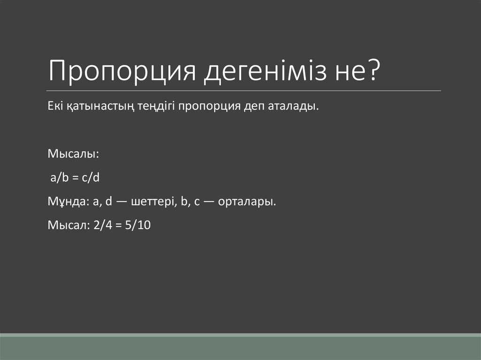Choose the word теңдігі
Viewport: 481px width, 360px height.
pyautogui.click(x=156, y=107)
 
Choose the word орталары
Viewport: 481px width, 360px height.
pyautogui.click(x=251, y=202)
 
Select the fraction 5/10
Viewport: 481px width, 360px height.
pyautogui.click(x=137, y=225)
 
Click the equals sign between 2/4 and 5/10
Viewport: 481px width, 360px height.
pyautogui.click(x=116, y=226)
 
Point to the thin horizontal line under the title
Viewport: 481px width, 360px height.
pyautogui.click(x=244, y=91)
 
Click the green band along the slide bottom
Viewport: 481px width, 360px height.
pyautogui.click(x=240, y=347)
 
